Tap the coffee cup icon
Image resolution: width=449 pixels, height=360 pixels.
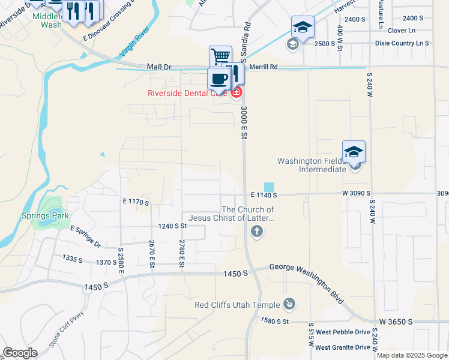click(x=218, y=79)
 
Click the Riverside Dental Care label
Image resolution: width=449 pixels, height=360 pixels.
click(x=187, y=93)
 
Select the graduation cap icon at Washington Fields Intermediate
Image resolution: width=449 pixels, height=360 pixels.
click(x=354, y=151)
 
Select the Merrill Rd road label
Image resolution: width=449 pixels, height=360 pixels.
click(x=265, y=67)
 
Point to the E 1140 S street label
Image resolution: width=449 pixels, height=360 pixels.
click(x=264, y=195)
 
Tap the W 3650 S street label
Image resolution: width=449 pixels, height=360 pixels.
click(x=394, y=322)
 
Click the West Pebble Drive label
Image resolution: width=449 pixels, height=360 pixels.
click(x=343, y=332)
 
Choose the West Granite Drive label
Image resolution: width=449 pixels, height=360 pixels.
click(x=343, y=347)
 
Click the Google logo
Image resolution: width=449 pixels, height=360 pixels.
click(x=20, y=353)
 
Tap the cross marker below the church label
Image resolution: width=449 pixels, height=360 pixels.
click(x=257, y=232)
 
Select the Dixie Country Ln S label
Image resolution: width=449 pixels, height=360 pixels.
click(x=402, y=43)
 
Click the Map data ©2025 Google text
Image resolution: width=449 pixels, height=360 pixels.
click(x=411, y=355)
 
